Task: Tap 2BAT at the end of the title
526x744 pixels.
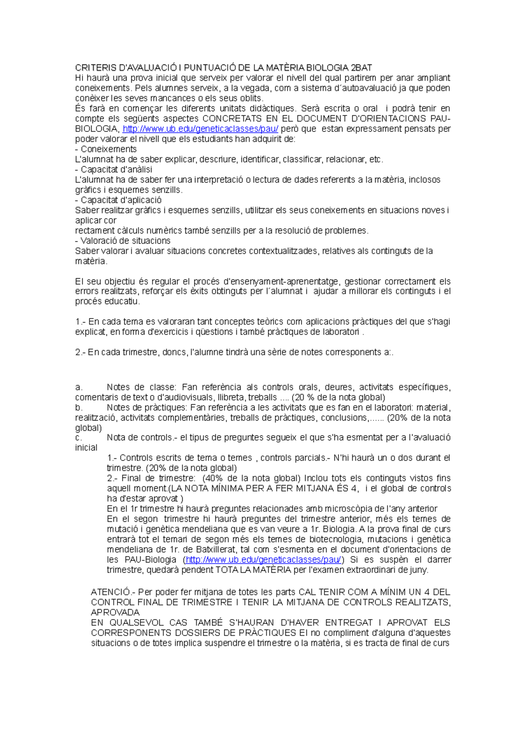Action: coord(361,68)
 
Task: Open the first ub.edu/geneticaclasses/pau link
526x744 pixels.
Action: coord(200,129)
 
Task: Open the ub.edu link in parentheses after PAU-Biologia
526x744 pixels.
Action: coord(263,560)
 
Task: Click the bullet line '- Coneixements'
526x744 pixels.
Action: coord(106,149)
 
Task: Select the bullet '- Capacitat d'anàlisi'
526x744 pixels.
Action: coord(114,170)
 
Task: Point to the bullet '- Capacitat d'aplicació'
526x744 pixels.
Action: coord(118,200)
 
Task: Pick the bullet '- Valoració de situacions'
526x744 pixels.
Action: coord(123,241)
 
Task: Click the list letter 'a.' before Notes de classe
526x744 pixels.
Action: coord(79,387)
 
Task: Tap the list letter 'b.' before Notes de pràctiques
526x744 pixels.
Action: coord(79,407)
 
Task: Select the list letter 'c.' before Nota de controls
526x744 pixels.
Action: coord(79,437)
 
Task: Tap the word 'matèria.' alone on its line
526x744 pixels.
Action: coord(91,261)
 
